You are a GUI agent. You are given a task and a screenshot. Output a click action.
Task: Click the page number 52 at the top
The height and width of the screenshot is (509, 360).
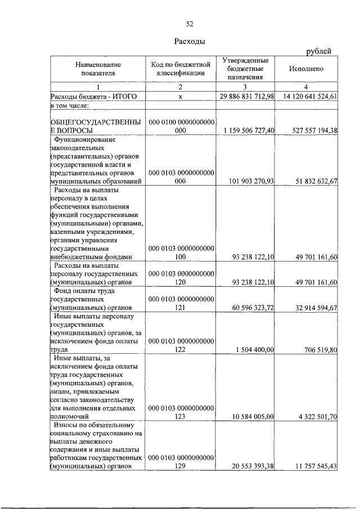coord(190,23)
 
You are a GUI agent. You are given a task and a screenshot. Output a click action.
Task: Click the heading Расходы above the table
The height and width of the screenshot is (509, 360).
coord(190,41)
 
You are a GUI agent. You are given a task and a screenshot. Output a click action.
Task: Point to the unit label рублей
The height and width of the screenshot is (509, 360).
coord(318,52)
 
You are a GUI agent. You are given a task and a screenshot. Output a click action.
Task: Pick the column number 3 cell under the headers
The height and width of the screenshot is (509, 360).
coord(245,87)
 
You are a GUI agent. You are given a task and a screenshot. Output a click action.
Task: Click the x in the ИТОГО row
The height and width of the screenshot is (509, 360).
coord(181,96)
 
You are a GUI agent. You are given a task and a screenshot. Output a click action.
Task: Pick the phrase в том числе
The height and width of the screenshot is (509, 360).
coord(70,105)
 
